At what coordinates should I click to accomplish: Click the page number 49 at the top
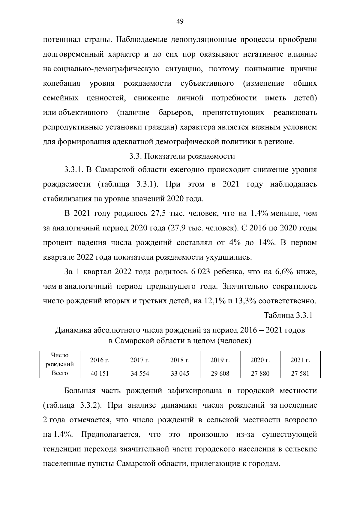pyautogui.click(x=180, y=21)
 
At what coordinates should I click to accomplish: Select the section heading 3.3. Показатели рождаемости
pyautogui.click(x=182, y=156)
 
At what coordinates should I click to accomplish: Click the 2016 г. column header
pyautogui.click(x=100, y=360)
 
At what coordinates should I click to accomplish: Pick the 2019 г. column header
pyautogui.click(x=220, y=360)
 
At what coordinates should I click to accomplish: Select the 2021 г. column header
pyautogui.click(x=300, y=360)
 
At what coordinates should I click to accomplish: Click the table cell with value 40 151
pyautogui.click(x=100, y=374)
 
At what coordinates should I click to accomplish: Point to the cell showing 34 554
pyautogui.click(x=140, y=374)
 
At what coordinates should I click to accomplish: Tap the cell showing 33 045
pyautogui.click(x=180, y=374)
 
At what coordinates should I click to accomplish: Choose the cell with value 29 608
pyautogui.click(x=220, y=374)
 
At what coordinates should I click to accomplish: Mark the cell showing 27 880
pyautogui.click(x=260, y=374)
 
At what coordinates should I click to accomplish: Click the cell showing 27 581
pyautogui.click(x=300, y=374)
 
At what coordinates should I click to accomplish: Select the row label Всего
pyautogui.click(x=60, y=373)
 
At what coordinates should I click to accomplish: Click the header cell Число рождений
pyautogui.click(x=60, y=360)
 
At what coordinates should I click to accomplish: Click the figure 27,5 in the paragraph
pyautogui.click(x=154, y=214)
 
